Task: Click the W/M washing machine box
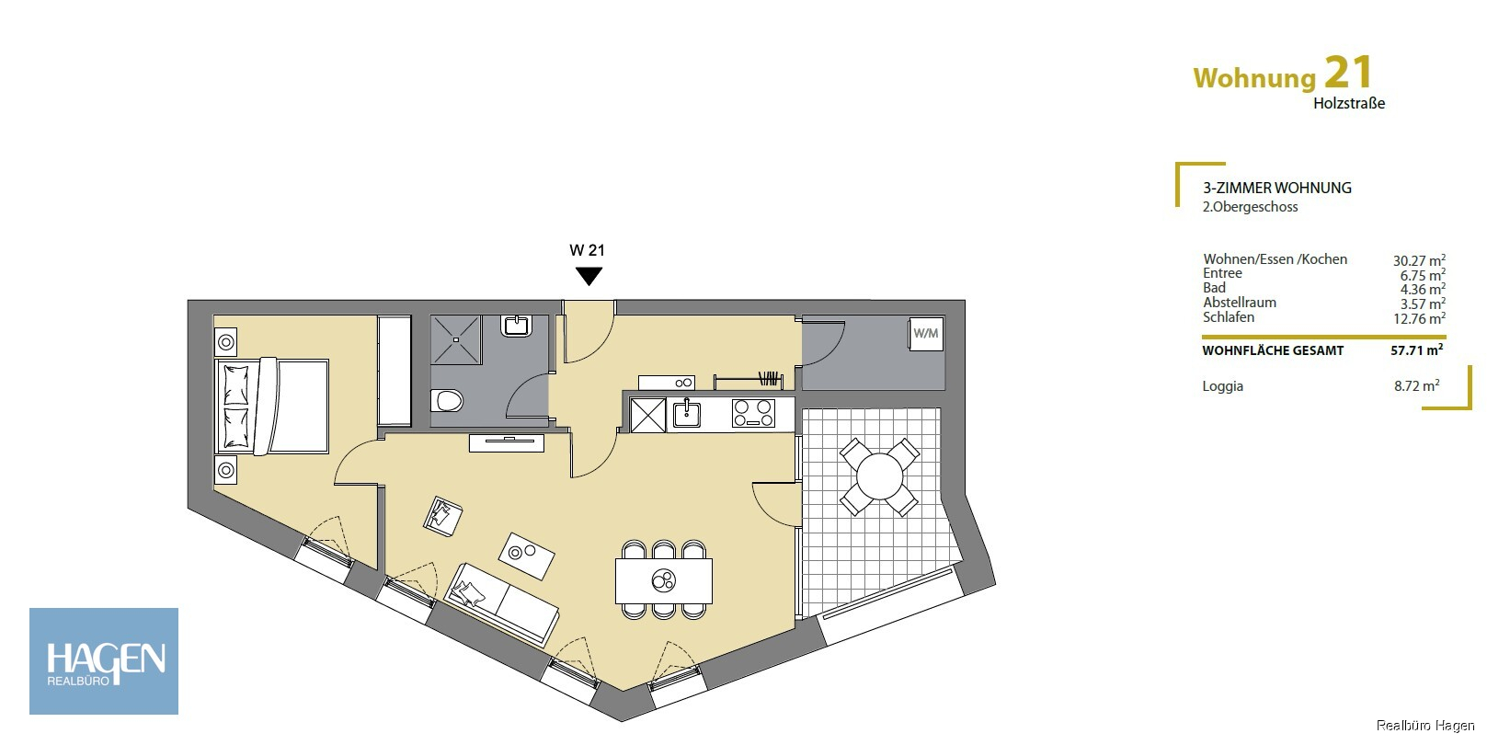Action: pyautogui.click(x=926, y=333)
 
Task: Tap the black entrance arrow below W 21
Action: pyautogui.click(x=589, y=276)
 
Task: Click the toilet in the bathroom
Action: pyautogui.click(x=447, y=401)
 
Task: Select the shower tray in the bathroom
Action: pyautogui.click(x=455, y=340)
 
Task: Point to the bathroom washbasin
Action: pyautogui.click(x=516, y=326)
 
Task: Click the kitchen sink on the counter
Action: pyautogui.click(x=686, y=414)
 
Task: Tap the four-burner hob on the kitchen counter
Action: pyautogui.click(x=753, y=413)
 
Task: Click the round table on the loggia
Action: pyautogui.click(x=879, y=476)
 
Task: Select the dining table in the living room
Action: pyautogui.click(x=664, y=580)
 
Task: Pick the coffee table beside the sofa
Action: pyautogui.click(x=526, y=556)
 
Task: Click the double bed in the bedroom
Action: pyautogui.click(x=272, y=407)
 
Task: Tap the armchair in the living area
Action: pyautogui.click(x=442, y=516)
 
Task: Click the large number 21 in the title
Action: pyautogui.click(x=1347, y=73)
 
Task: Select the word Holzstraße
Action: pyautogui.click(x=1349, y=103)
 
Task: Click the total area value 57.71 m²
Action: pyautogui.click(x=1416, y=350)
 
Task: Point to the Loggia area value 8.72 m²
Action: pyautogui.click(x=1416, y=385)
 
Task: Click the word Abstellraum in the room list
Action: pyautogui.click(x=1240, y=303)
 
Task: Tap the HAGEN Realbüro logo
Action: pyautogui.click(x=104, y=661)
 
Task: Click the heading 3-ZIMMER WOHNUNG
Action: pyautogui.click(x=1277, y=188)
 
